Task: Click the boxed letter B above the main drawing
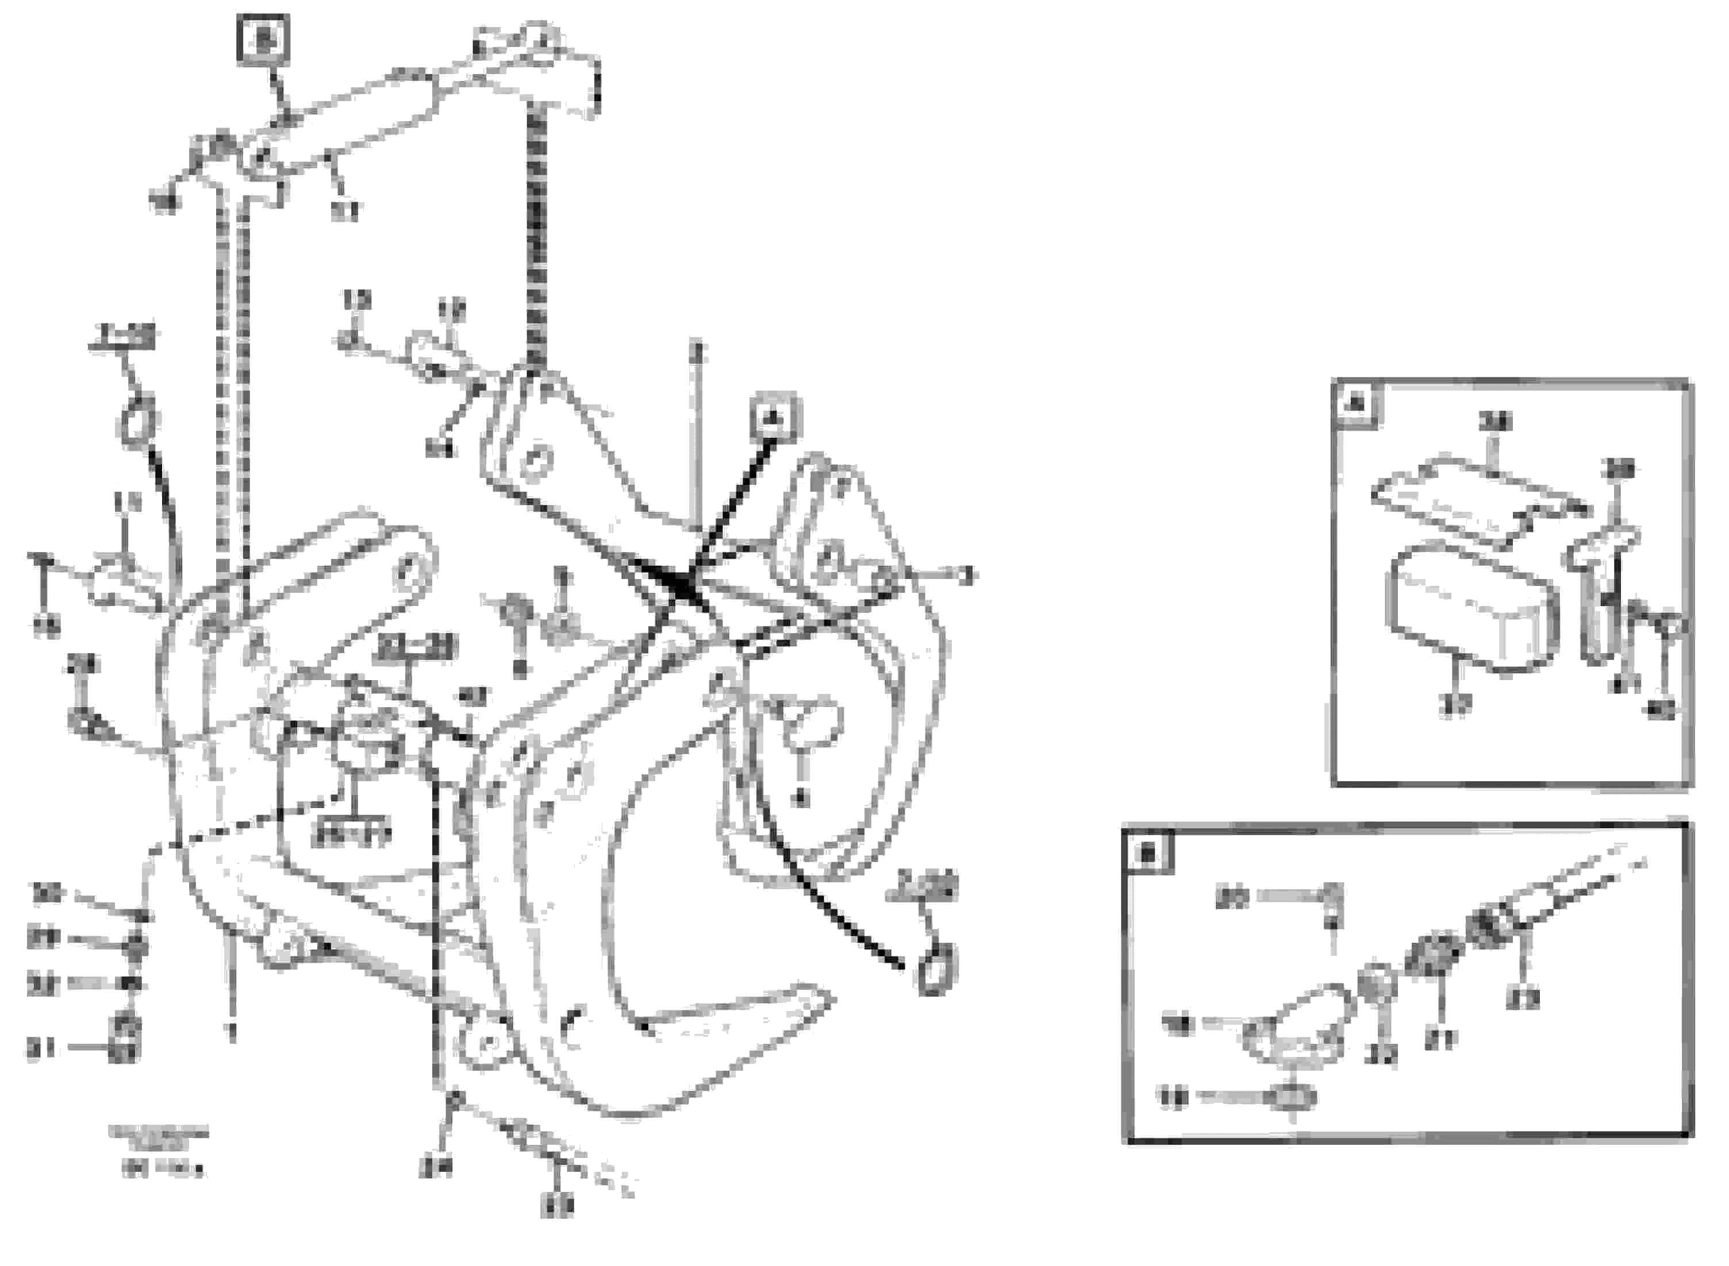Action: coord(264,40)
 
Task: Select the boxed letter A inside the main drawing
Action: coord(774,418)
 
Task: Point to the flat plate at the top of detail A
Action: coord(1476,501)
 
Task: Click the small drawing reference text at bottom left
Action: coord(159,1149)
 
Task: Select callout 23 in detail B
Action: coord(1522,998)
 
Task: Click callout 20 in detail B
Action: coord(1233,899)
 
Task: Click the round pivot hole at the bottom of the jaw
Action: coord(489,1044)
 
